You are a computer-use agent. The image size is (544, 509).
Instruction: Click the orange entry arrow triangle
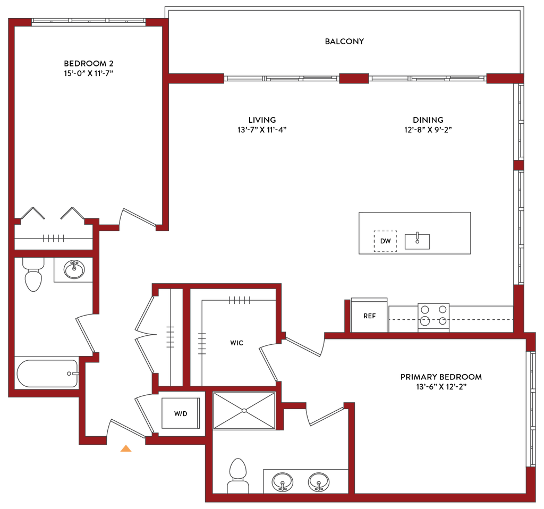(x=126, y=448)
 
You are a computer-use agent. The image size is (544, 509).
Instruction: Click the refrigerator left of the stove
(x=369, y=316)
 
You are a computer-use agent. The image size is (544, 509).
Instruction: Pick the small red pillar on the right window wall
(x=519, y=165)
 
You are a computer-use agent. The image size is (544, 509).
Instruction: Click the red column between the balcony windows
(x=354, y=79)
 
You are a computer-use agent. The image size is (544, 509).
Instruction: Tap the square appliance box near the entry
(x=181, y=413)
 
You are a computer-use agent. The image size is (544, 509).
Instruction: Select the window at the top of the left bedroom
(x=90, y=22)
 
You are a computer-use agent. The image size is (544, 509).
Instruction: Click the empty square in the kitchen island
(x=385, y=241)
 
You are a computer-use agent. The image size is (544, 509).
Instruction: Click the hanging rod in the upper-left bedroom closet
(x=54, y=239)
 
